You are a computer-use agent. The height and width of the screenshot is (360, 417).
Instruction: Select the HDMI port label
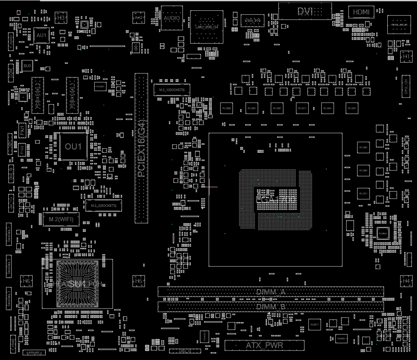point(361,12)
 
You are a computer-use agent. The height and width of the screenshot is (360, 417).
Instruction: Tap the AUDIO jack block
point(171,18)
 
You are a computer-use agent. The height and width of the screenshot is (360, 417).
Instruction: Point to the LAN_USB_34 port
point(206,27)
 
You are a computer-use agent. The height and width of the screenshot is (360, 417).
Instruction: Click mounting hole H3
point(61,18)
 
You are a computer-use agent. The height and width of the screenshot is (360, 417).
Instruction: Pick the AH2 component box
point(138,18)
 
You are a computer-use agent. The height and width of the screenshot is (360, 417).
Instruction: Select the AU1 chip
point(41,35)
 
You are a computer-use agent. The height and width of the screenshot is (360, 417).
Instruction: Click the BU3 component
point(27,66)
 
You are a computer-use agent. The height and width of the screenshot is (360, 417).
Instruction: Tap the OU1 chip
point(73,147)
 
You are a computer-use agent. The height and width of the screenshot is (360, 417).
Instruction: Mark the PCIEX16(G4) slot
point(141,148)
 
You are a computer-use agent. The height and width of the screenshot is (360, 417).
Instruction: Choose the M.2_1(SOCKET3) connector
point(172,90)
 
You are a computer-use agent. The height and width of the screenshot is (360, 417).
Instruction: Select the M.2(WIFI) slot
point(61,219)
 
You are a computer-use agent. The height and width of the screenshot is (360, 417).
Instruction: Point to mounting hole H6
point(27,281)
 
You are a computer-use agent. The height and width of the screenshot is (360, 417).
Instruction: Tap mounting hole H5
point(138,281)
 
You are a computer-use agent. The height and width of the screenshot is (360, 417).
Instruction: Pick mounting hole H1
point(406,56)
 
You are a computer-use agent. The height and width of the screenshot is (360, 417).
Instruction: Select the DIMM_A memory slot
point(270,292)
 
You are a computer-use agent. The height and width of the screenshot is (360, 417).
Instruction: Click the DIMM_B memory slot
point(270,307)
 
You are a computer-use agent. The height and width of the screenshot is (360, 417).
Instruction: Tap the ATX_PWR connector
point(265,345)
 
